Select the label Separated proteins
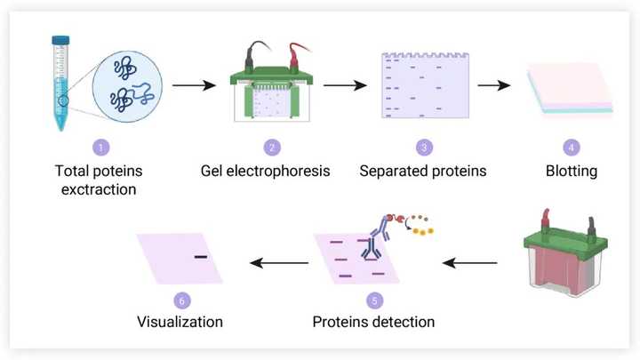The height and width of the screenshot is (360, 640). (x=424, y=170)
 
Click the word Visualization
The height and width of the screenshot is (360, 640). (x=180, y=321)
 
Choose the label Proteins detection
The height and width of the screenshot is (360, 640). (x=374, y=321)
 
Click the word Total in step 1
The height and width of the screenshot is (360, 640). (x=73, y=170)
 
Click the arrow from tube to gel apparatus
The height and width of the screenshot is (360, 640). (x=195, y=86)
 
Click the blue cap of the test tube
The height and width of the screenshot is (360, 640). (x=60, y=40)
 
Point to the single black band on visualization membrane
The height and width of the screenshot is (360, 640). (x=200, y=257)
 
